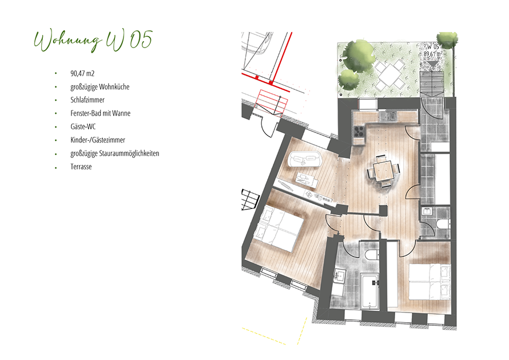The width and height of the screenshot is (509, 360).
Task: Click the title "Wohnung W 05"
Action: pos(93,41)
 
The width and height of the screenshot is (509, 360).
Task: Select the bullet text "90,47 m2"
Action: pos(82,73)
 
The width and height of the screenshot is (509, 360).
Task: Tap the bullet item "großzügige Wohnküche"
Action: pos(100,87)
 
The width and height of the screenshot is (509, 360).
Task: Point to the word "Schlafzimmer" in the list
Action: pos(88,100)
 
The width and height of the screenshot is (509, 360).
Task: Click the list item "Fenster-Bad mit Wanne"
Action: pos(101,113)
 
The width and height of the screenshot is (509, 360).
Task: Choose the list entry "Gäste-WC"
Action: pos(83,126)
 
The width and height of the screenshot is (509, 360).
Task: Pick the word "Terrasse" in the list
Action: pos(81,167)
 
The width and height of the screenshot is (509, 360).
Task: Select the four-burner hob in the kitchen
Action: pos(359,131)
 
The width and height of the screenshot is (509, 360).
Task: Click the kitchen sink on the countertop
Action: pos(388,116)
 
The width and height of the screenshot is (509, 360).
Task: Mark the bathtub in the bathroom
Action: pos(369,291)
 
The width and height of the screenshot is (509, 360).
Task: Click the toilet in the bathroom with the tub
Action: pos(372,255)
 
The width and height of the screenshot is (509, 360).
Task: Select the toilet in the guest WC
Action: pos(443,224)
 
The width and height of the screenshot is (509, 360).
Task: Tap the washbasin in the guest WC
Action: pos(427,212)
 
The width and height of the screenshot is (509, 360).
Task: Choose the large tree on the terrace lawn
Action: pos(359,56)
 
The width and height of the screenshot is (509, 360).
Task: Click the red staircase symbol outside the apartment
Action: pos(273,102)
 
